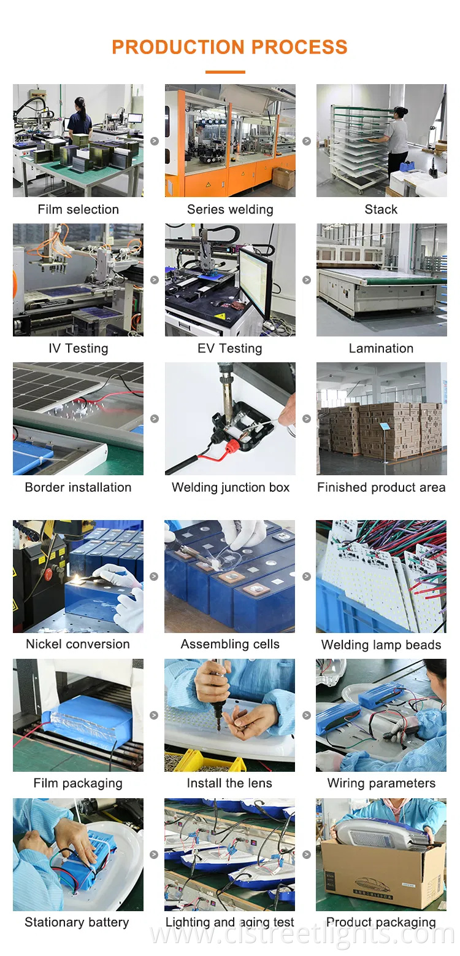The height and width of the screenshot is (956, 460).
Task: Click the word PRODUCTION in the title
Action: tap(178, 47)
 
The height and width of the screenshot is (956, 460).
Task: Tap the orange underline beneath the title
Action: tap(225, 72)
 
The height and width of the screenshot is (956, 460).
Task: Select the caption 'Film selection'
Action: tap(78, 209)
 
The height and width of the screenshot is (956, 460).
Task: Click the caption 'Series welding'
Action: tap(230, 209)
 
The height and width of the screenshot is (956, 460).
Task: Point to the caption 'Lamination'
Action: tap(381, 348)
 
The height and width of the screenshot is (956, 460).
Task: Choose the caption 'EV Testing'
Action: tap(230, 348)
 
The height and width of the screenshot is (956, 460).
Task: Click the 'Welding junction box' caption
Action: tap(231, 488)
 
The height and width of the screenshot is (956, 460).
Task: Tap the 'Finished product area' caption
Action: tap(381, 488)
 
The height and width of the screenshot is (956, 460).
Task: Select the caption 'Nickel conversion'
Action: tap(78, 644)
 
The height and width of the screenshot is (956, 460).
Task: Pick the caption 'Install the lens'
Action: tap(229, 783)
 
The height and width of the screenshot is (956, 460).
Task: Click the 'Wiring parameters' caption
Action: tap(381, 783)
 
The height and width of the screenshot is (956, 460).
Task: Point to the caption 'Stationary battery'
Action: tap(77, 922)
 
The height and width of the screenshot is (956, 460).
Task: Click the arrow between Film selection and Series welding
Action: tap(155, 141)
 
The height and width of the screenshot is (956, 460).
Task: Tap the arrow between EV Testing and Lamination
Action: tap(307, 280)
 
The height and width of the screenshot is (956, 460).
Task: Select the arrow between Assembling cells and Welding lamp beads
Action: tap(307, 577)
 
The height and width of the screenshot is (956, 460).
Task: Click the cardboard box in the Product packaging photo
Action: tap(381, 876)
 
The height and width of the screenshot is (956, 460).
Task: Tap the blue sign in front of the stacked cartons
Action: tap(385, 426)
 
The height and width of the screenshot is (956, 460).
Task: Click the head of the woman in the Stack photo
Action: tap(400, 112)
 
